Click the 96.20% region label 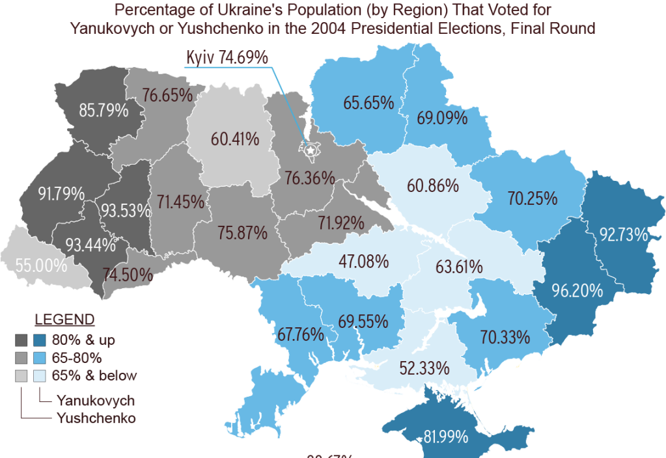[x=577, y=291]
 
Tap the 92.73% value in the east [x=624, y=234]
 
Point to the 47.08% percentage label [x=363, y=262]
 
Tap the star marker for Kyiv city [x=311, y=151]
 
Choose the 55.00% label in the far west [x=42, y=265]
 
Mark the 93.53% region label [x=125, y=211]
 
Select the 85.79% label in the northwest [x=104, y=111]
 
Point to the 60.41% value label [x=235, y=139]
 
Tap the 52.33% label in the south [x=424, y=368]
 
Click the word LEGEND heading [x=64, y=320]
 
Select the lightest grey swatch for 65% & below [x=21, y=376]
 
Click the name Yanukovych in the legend [x=96, y=400]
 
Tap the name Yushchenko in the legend [x=96, y=418]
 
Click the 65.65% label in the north [x=369, y=102]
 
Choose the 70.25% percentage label [x=533, y=198]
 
